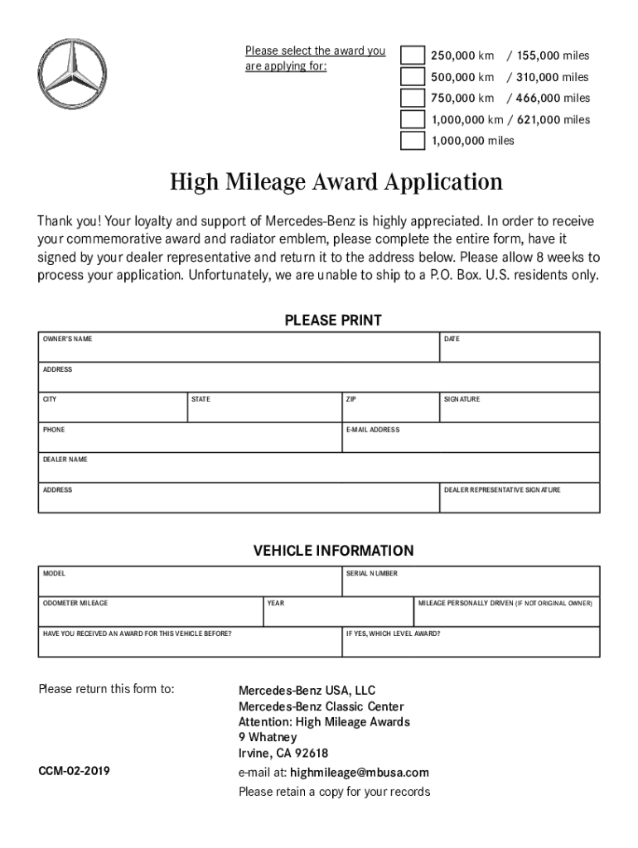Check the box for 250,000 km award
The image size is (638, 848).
click(412, 55)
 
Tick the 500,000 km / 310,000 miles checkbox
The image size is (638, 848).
click(412, 77)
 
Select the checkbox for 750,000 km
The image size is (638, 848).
click(412, 99)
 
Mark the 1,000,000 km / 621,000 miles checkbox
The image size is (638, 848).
click(412, 120)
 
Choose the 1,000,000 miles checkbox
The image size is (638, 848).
click(412, 141)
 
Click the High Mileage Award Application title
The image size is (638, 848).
click(336, 182)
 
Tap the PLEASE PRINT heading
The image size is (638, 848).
click(333, 320)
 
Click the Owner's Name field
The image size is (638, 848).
click(239, 351)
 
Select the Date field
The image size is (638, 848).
click(520, 351)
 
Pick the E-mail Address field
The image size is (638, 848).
click(471, 441)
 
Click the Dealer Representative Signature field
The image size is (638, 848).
click(520, 502)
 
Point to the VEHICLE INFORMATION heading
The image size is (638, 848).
click(333, 551)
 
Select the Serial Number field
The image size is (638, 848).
click(471, 585)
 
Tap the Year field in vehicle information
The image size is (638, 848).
click(337, 614)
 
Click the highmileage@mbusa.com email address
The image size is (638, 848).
click(360, 773)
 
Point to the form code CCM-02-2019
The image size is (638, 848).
click(75, 772)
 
